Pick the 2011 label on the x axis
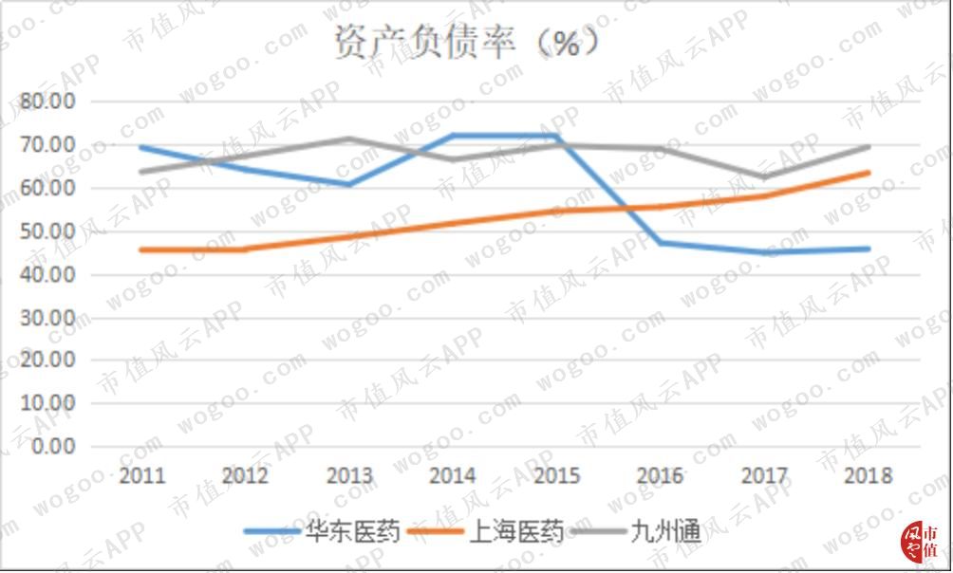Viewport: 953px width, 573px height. point(142,476)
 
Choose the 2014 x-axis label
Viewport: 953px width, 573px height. point(453,476)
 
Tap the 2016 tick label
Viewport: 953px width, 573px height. point(660,476)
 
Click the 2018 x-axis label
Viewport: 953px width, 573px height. point(867,476)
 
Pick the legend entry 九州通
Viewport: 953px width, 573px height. point(664,532)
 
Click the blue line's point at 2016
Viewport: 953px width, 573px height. point(660,243)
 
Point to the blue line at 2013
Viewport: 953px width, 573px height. point(349,184)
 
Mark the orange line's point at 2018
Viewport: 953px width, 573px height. point(867,173)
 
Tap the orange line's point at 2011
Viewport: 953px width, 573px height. point(142,250)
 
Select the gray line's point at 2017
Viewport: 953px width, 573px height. point(763,177)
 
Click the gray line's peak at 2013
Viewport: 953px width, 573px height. point(349,139)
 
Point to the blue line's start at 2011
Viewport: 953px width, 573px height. point(142,147)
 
